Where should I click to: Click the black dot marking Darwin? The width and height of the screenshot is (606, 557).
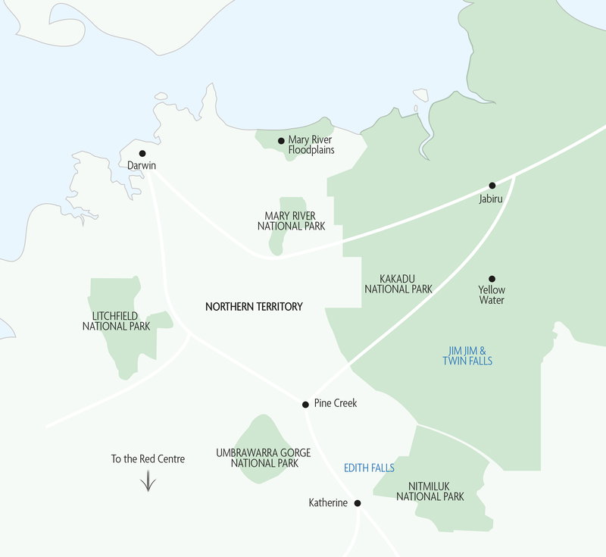(x=142, y=153)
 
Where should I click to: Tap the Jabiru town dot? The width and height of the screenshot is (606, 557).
(x=492, y=186)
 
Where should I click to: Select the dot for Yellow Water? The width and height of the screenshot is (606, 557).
(x=492, y=279)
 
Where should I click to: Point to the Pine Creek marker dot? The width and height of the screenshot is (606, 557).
(x=305, y=404)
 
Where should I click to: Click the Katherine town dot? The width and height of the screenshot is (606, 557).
(x=358, y=502)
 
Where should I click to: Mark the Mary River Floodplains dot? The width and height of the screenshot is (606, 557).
(x=281, y=140)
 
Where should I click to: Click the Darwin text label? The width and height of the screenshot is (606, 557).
(x=142, y=165)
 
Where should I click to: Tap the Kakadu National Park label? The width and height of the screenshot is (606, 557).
(x=398, y=283)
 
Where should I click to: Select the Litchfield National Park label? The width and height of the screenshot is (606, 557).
(x=116, y=321)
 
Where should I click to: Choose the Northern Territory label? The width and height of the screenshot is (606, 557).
(x=254, y=307)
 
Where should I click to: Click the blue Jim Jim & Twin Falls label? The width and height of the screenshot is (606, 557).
(x=467, y=355)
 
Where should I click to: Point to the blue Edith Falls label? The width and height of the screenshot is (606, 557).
(x=369, y=468)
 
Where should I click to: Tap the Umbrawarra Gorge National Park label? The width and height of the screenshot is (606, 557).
(x=263, y=457)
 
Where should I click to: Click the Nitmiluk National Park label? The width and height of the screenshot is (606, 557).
(x=430, y=491)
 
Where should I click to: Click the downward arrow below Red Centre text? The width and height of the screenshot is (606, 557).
(x=148, y=481)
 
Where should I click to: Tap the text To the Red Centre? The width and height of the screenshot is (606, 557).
(x=148, y=458)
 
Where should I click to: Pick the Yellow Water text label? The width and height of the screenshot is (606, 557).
(x=492, y=295)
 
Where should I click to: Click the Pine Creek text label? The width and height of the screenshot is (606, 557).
(x=335, y=404)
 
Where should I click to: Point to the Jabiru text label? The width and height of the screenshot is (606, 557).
(x=492, y=198)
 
